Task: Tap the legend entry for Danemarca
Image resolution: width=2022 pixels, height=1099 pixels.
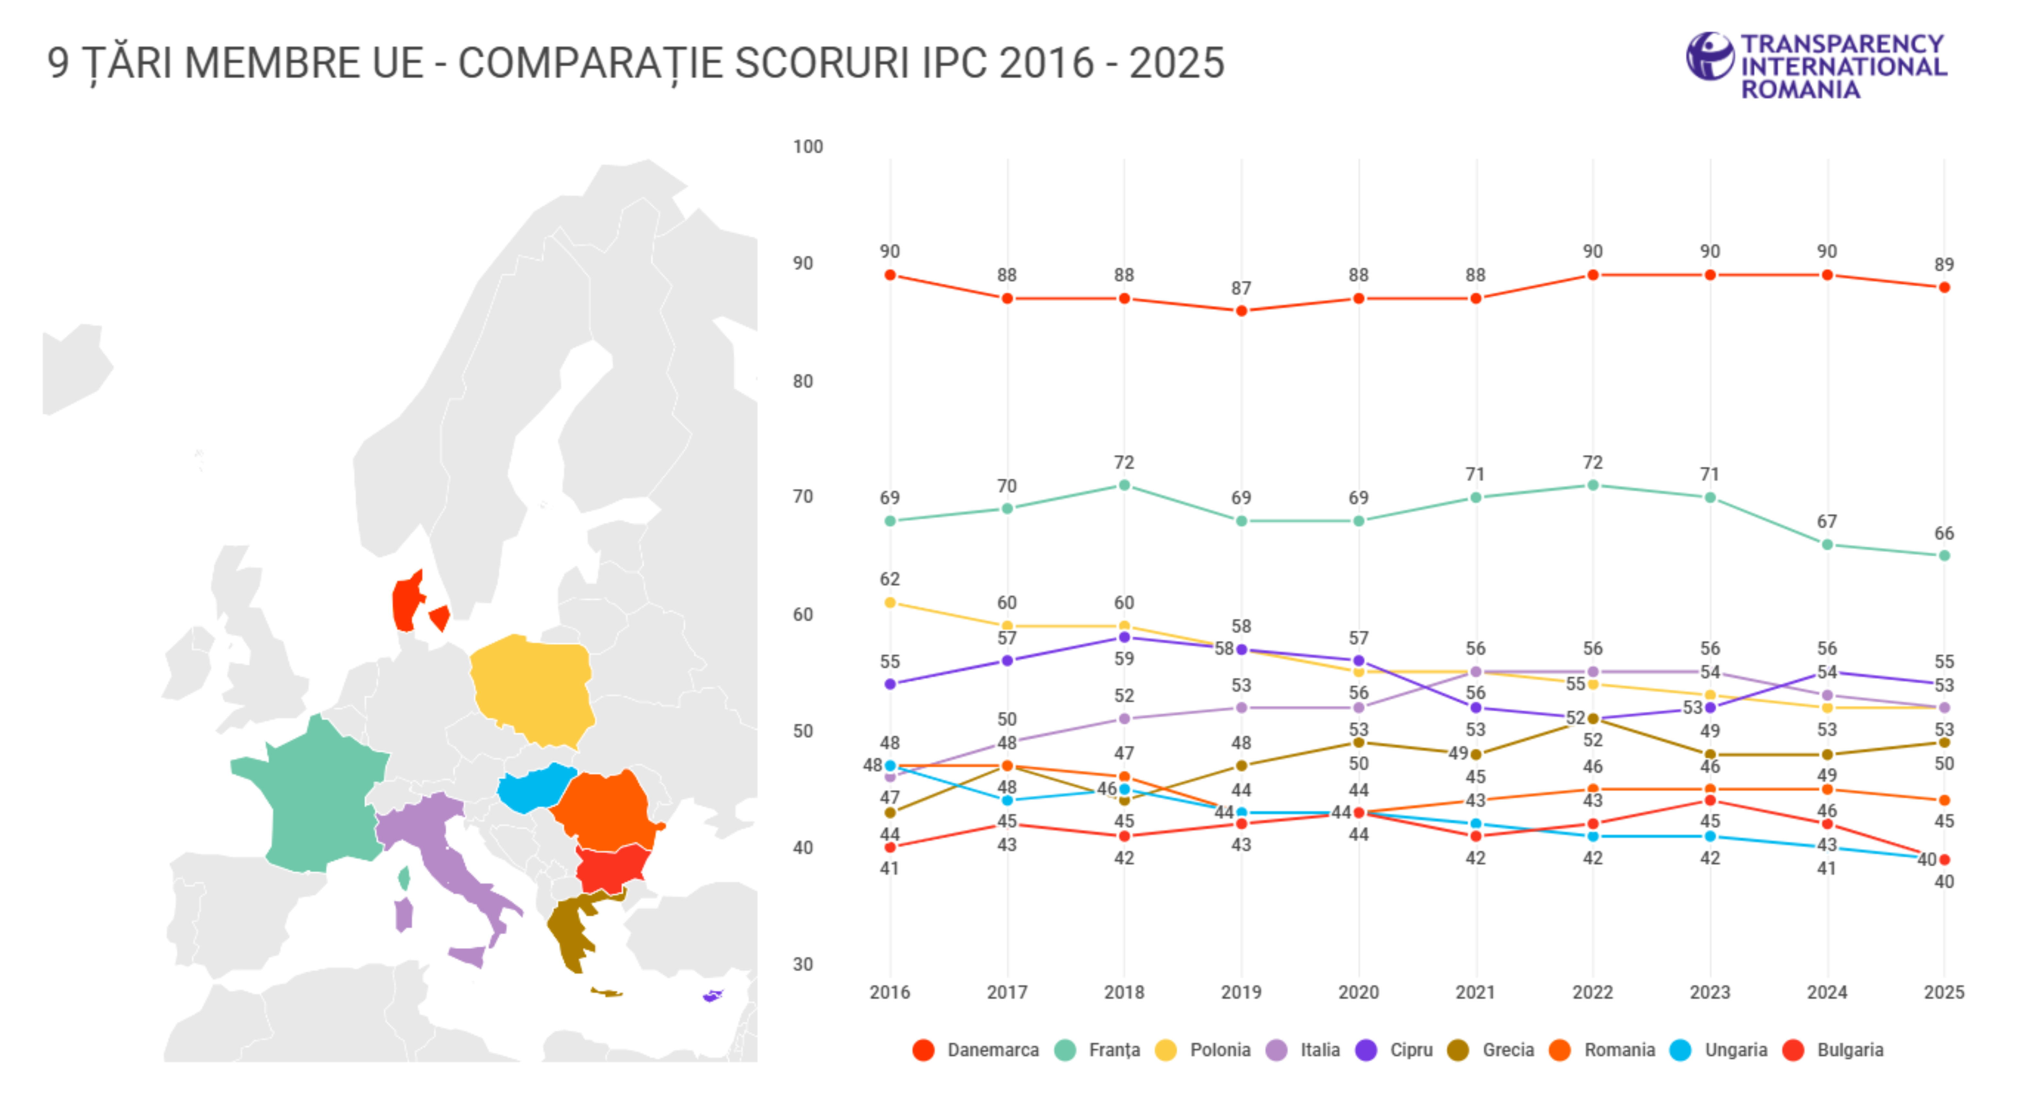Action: [976, 1050]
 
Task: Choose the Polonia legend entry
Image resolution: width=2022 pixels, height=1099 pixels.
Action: [1204, 1050]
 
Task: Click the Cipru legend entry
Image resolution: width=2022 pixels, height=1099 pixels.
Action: [1395, 1050]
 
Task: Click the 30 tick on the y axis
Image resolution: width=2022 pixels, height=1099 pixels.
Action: [802, 965]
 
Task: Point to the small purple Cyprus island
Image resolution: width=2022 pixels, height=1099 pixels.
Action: [712, 996]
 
